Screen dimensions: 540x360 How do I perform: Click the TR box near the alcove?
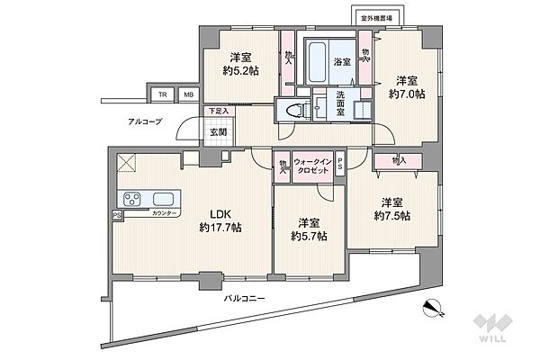(162, 94)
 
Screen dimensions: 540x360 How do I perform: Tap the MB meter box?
(188, 94)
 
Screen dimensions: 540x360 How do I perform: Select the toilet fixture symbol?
(296, 110)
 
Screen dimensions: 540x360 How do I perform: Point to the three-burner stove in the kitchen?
(132, 199)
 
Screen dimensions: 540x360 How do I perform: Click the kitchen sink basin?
(163, 199)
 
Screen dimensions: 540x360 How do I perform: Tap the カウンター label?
(164, 213)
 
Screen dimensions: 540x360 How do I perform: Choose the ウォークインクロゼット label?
(312, 166)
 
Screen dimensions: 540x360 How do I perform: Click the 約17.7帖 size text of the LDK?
(220, 228)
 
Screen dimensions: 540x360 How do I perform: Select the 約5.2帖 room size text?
(240, 70)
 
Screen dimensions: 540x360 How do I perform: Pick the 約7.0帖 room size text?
(407, 94)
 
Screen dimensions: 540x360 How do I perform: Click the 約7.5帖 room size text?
(392, 216)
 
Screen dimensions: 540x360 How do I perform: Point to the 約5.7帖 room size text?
(309, 236)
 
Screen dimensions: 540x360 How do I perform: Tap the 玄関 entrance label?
(219, 131)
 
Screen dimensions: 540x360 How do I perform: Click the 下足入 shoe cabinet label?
(219, 111)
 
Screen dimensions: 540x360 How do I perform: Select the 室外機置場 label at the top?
(376, 18)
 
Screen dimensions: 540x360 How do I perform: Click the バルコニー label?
(245, 298)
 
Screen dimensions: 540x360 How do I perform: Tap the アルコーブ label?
(145, 121)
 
